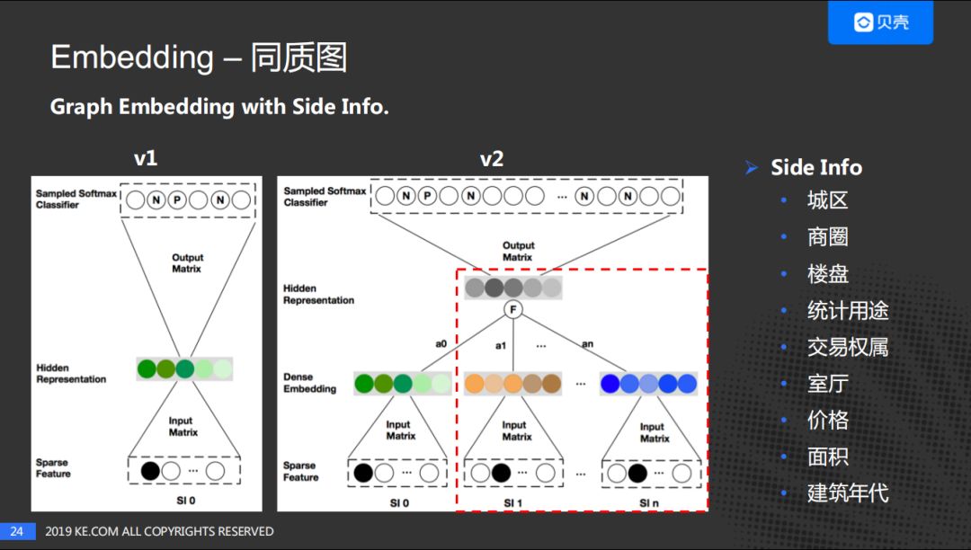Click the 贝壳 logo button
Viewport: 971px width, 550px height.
coord(880,22)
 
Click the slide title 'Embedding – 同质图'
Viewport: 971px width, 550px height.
coord(199,58)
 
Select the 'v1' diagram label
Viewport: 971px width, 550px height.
coord(146,158)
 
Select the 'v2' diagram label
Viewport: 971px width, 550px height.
coord(491,159)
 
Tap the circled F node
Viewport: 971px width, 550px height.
coord(513,310)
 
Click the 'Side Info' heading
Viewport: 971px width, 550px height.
coord(815,167)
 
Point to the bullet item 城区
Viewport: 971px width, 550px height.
coord(827,200)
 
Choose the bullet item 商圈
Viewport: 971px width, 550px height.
coord(827,237)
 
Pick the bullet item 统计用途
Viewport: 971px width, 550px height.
coord(847,311)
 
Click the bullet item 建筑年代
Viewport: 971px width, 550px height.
coord(847,493)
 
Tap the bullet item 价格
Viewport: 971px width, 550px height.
coord(827,421)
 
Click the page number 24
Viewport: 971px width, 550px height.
coord(16,531)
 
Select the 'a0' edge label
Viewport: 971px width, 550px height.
coord(441,343)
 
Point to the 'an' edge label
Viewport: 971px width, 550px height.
coord(586,343)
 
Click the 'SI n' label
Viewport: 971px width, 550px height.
coord(649,502)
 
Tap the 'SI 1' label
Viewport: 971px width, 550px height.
coord(512,502)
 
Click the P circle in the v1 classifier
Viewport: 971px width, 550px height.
coord(177,200)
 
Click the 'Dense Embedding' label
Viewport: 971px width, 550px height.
coord(309,384)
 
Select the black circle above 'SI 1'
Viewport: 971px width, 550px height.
coord(502,473)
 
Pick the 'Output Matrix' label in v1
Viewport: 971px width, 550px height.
coord(187,262)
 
